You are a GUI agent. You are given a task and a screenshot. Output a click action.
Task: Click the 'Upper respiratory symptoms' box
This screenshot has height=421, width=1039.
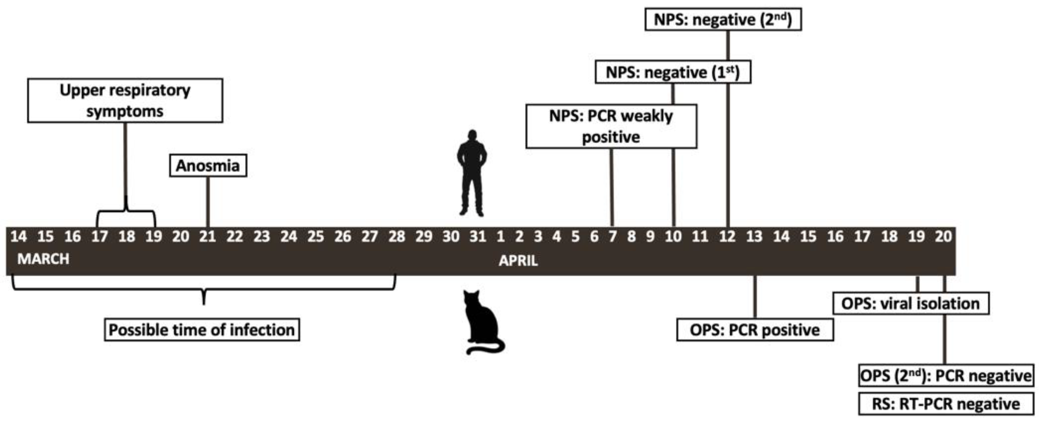(x=125, y=101)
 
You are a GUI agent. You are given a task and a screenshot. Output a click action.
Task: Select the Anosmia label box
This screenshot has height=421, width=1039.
(x=208, y=165)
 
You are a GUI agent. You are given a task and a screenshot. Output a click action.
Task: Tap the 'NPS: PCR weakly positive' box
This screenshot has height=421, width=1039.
(x=611, y=126)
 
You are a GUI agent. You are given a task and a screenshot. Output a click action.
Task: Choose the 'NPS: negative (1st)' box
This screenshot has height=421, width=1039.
(x=673, y=73)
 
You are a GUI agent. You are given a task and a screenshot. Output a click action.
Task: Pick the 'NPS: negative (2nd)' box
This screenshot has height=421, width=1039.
(x=723, y=19)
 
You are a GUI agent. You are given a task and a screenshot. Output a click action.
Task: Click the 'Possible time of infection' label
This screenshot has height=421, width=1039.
(x=202, y=330)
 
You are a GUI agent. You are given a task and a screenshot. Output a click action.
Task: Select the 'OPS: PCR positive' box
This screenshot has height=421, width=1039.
(x=754, y=330)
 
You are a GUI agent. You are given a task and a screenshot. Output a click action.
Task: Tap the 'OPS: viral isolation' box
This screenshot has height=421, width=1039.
(x=910, y=303)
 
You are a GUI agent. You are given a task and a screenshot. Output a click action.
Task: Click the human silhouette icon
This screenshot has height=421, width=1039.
(x=471, y=173)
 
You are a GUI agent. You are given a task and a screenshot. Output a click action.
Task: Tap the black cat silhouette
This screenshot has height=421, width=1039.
(x=482, y=322)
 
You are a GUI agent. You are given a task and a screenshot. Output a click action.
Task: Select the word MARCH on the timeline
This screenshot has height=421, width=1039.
(x=43, y=259)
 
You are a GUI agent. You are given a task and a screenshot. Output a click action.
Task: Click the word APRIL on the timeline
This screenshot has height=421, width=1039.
(x=518, y=261)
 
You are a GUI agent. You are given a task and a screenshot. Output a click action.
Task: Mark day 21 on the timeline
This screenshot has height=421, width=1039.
(x=207, y=237)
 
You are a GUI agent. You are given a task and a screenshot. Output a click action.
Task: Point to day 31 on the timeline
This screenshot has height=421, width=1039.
(x=478, y=237)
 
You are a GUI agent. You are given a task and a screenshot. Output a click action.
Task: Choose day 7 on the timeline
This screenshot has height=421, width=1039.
(x=612, y=237)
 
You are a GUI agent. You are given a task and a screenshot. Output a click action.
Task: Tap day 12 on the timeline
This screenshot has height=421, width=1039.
(x=727, y=237)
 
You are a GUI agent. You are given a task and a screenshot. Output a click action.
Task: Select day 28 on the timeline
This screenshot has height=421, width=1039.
(x=396, y=237)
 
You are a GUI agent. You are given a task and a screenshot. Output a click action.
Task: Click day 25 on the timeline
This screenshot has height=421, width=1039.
(x=315, y=237)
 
